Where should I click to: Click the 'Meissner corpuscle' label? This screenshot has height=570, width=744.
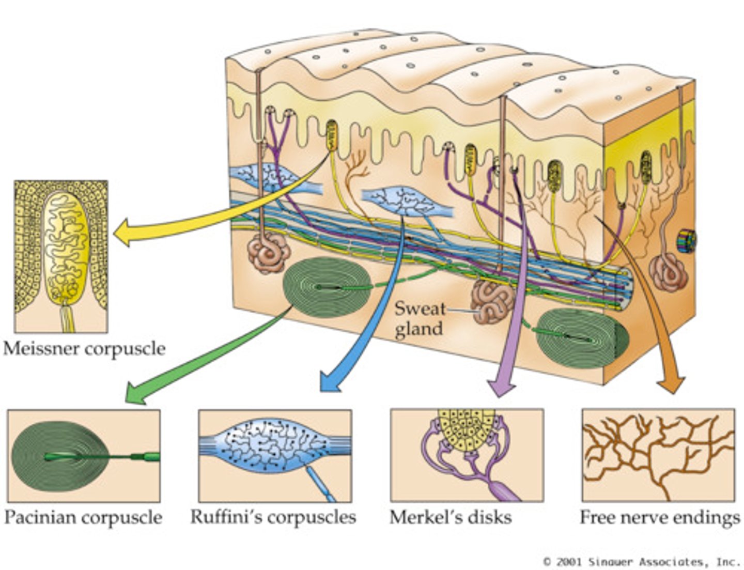pyautogui.click(x=84, y=349)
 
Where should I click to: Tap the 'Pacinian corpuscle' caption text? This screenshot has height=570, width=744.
pyautogui.click(x=83, y=517)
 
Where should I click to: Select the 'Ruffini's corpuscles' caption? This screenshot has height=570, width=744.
pyautogui.click(x=273, y=517)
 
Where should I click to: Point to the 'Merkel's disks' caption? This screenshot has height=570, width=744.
pyautogui.click(x=451, y=517)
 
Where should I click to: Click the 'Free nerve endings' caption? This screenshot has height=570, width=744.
pyautogui.click(x=659, y=517)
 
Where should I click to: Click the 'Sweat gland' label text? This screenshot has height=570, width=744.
pyautogui.click(x=419, y=318)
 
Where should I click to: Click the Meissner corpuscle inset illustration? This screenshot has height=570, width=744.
pyautogui.click(x=61, y=256)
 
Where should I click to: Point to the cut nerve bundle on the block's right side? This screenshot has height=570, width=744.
pyautogui.click(x=687, y=242)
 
